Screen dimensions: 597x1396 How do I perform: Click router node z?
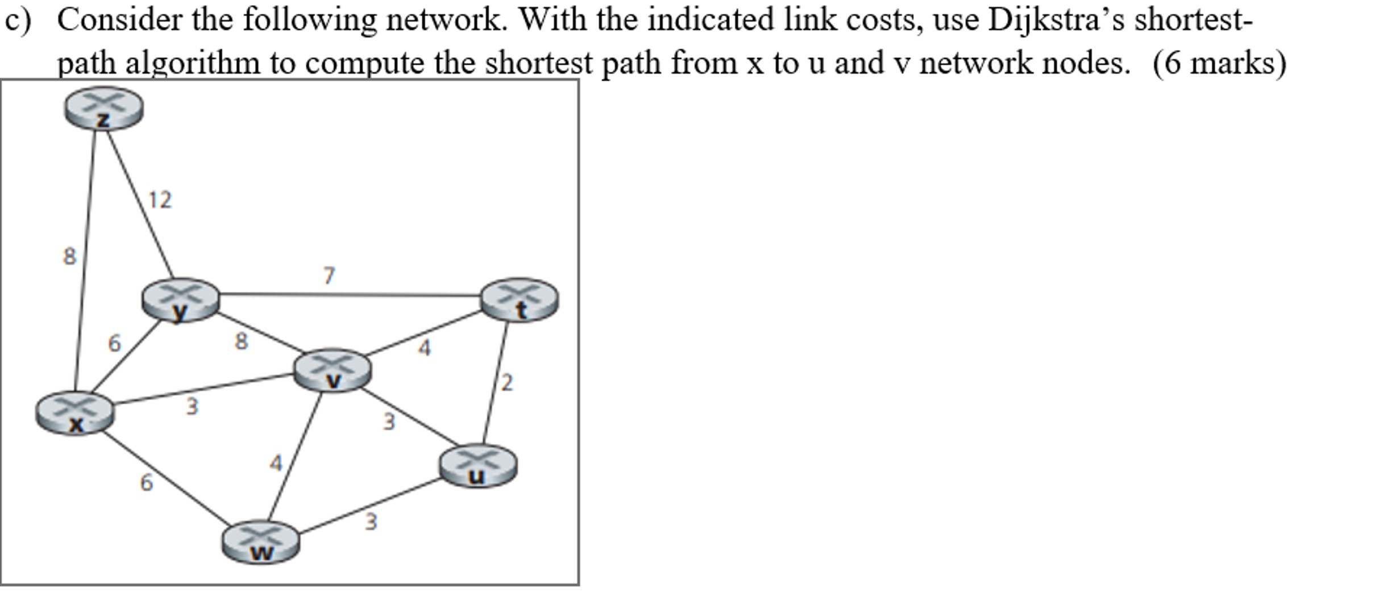tap(103, 108)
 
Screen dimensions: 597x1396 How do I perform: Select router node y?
tap(180, 300)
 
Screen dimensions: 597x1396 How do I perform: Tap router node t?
tap(519, 299)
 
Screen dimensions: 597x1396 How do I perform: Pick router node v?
tap(333, 370)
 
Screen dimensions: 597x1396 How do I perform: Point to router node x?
tap(75, 414)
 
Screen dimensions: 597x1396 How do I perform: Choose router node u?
tap(478, 466)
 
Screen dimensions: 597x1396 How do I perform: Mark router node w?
tap(260, 542)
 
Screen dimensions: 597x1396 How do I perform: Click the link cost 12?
tap(160, 200)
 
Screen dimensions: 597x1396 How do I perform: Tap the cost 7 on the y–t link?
tap(329, 276)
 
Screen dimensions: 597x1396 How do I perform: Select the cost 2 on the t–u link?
tap(507, 383)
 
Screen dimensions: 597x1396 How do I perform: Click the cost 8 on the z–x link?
tap(69, 256)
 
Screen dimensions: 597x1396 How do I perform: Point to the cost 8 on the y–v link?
tap(241, 341)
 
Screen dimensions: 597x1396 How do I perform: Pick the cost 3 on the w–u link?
tap(371, 521)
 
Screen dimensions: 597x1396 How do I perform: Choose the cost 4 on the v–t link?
tap(424, 348)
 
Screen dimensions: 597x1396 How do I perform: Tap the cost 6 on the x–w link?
tap(146, 483)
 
